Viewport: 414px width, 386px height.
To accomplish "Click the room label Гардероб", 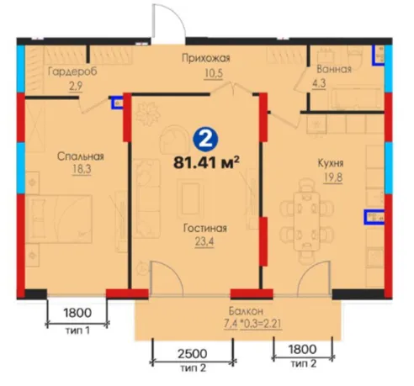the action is (x=72, y=71).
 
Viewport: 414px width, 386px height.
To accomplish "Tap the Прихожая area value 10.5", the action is (x=214, y=73).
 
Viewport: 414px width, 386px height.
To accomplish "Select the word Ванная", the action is (x=334, y=69).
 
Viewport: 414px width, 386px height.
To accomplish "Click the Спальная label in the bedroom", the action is (x=81, y=156).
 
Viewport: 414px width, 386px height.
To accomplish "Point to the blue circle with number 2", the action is (x=206, y=140).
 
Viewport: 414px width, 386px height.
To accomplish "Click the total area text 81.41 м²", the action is (x=206, y=162).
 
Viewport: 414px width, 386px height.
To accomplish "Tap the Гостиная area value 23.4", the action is (x=204, y=241).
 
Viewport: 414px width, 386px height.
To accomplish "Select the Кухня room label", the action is (x=331, y=163).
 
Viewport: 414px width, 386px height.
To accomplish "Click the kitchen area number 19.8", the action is (x=333, y=177).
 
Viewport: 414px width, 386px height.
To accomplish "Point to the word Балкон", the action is (x=246, y=311).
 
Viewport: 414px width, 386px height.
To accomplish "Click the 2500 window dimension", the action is (x=193, y=353).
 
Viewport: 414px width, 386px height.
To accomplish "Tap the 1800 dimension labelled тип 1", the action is (x=77, y=312).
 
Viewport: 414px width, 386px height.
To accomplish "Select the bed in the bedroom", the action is (x=59, y=219).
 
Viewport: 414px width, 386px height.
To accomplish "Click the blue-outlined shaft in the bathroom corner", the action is (x=379, y=56).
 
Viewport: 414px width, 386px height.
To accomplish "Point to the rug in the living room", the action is (x=190, y=199).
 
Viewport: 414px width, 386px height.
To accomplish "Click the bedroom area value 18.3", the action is (x=82, y=170).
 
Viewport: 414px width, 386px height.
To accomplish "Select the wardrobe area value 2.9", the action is (x=76, y=86).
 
